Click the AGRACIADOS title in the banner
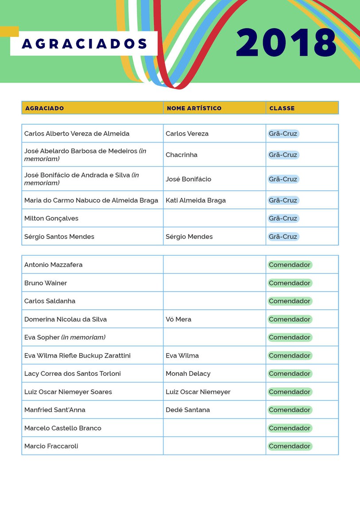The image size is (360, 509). click(84, 44)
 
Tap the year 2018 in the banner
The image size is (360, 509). click(286, 43)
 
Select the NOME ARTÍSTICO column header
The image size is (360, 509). click(194, 108)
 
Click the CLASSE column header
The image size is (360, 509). click(282, 108)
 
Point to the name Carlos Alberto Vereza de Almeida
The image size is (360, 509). click(77, 133)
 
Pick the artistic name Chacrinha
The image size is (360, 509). click(181, 154)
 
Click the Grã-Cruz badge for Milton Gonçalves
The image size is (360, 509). click(283, 218)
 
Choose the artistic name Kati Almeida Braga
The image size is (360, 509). click(195, 200)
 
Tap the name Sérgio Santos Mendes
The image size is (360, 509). click(59, 236)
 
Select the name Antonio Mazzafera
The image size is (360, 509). click(53, 265)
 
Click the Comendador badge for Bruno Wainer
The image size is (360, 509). click(290, 283)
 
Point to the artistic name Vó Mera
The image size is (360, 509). click(178, 319)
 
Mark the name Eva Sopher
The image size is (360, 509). click(42, 337)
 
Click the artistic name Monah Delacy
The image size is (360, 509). click(188, 374)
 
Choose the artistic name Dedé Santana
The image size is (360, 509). click(187, 410)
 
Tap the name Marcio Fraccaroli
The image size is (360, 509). click(51, 446)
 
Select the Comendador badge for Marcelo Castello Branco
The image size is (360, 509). click(290, 428)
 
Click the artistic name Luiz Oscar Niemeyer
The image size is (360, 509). click(197, 392)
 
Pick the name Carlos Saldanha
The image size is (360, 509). click(50, 301)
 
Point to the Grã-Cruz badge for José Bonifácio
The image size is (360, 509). click(283, 179)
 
